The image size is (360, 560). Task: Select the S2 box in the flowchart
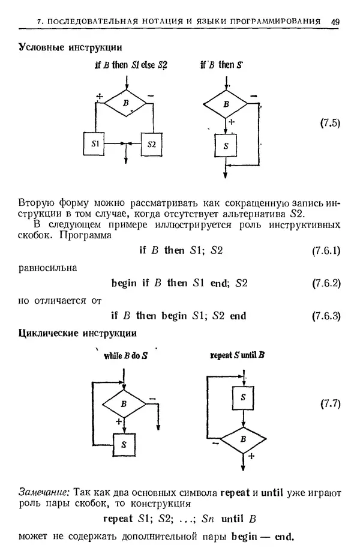point(151,144)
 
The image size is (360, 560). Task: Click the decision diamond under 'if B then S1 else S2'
point(125,103)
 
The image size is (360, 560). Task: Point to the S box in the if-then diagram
point(225,146)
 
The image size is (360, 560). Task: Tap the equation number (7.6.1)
point(326,250)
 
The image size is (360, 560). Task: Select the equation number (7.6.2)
point(326,283)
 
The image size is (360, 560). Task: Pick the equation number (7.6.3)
point(326,315)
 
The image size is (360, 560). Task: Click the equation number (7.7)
point(329,403)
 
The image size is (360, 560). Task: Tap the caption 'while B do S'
point(125,355)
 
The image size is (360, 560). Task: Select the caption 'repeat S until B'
point(238,355)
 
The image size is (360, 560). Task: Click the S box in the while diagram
point(124,445)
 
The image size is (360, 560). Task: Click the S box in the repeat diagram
point(243,397)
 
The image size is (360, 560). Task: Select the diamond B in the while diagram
point(124,404)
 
